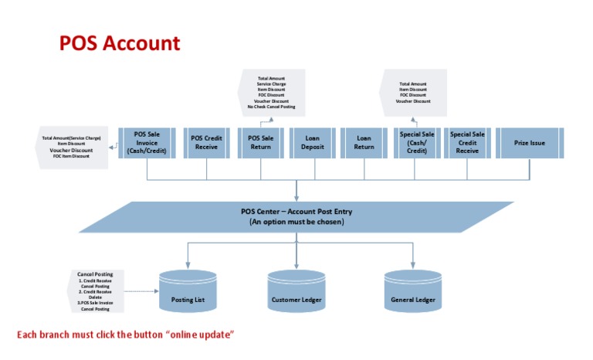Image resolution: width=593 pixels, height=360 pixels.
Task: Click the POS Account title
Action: click(120, 43)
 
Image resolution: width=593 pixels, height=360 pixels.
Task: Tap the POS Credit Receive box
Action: click(206, 143)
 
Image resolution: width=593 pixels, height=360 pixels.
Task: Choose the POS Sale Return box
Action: click(260, 143)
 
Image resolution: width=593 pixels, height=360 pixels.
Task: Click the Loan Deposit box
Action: click(313, 143)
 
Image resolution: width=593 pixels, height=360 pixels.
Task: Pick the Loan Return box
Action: click(364, 143)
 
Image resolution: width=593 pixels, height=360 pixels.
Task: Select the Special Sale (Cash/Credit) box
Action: click(417, 143)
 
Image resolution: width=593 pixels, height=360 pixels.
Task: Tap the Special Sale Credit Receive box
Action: click(467, 143)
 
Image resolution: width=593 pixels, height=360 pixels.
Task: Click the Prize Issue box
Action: click(530, 143)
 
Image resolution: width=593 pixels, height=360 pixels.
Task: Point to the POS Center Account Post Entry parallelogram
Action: click(296, 216)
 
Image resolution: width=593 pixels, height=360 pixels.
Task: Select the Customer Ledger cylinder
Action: click(296, 291)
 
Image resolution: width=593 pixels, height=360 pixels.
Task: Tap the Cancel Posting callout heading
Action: click(96, 273)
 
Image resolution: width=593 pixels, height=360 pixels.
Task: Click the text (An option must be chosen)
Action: click(296, 222)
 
